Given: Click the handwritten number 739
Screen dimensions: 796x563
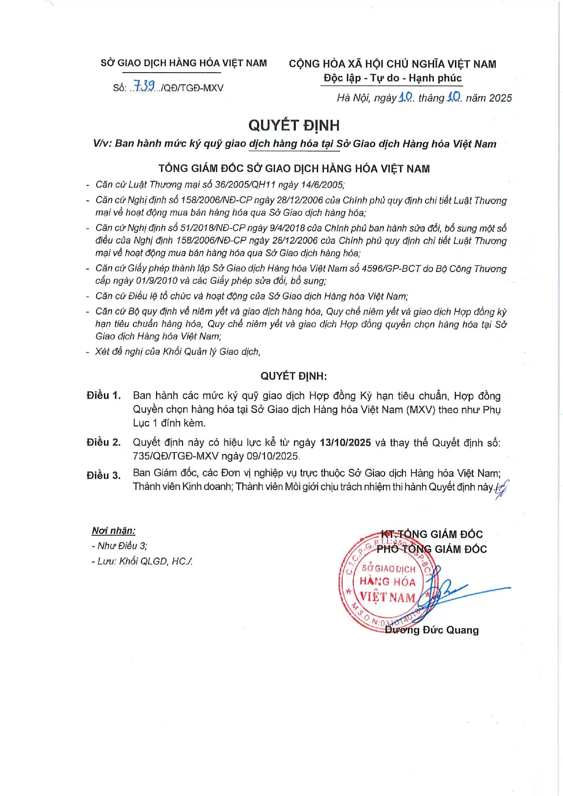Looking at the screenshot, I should (144, 86).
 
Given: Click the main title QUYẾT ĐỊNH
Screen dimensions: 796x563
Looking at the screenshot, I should (294, 125).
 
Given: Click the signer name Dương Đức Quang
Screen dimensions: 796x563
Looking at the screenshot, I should (431, 630).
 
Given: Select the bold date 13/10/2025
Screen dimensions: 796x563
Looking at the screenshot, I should (345, 443).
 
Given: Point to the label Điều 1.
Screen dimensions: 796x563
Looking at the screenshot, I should (103, 396).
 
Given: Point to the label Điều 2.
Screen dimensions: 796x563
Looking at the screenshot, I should (103, 443).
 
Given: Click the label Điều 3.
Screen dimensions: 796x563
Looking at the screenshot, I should (103, 475).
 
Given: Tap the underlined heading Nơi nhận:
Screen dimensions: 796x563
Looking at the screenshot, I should (113, 531).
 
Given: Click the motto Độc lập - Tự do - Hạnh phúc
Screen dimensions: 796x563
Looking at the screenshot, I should (392, 78).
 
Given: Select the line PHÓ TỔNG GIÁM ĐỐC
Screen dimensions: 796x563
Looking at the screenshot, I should (431, 549).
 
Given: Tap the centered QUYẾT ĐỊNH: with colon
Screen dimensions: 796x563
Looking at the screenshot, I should (294, 376).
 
